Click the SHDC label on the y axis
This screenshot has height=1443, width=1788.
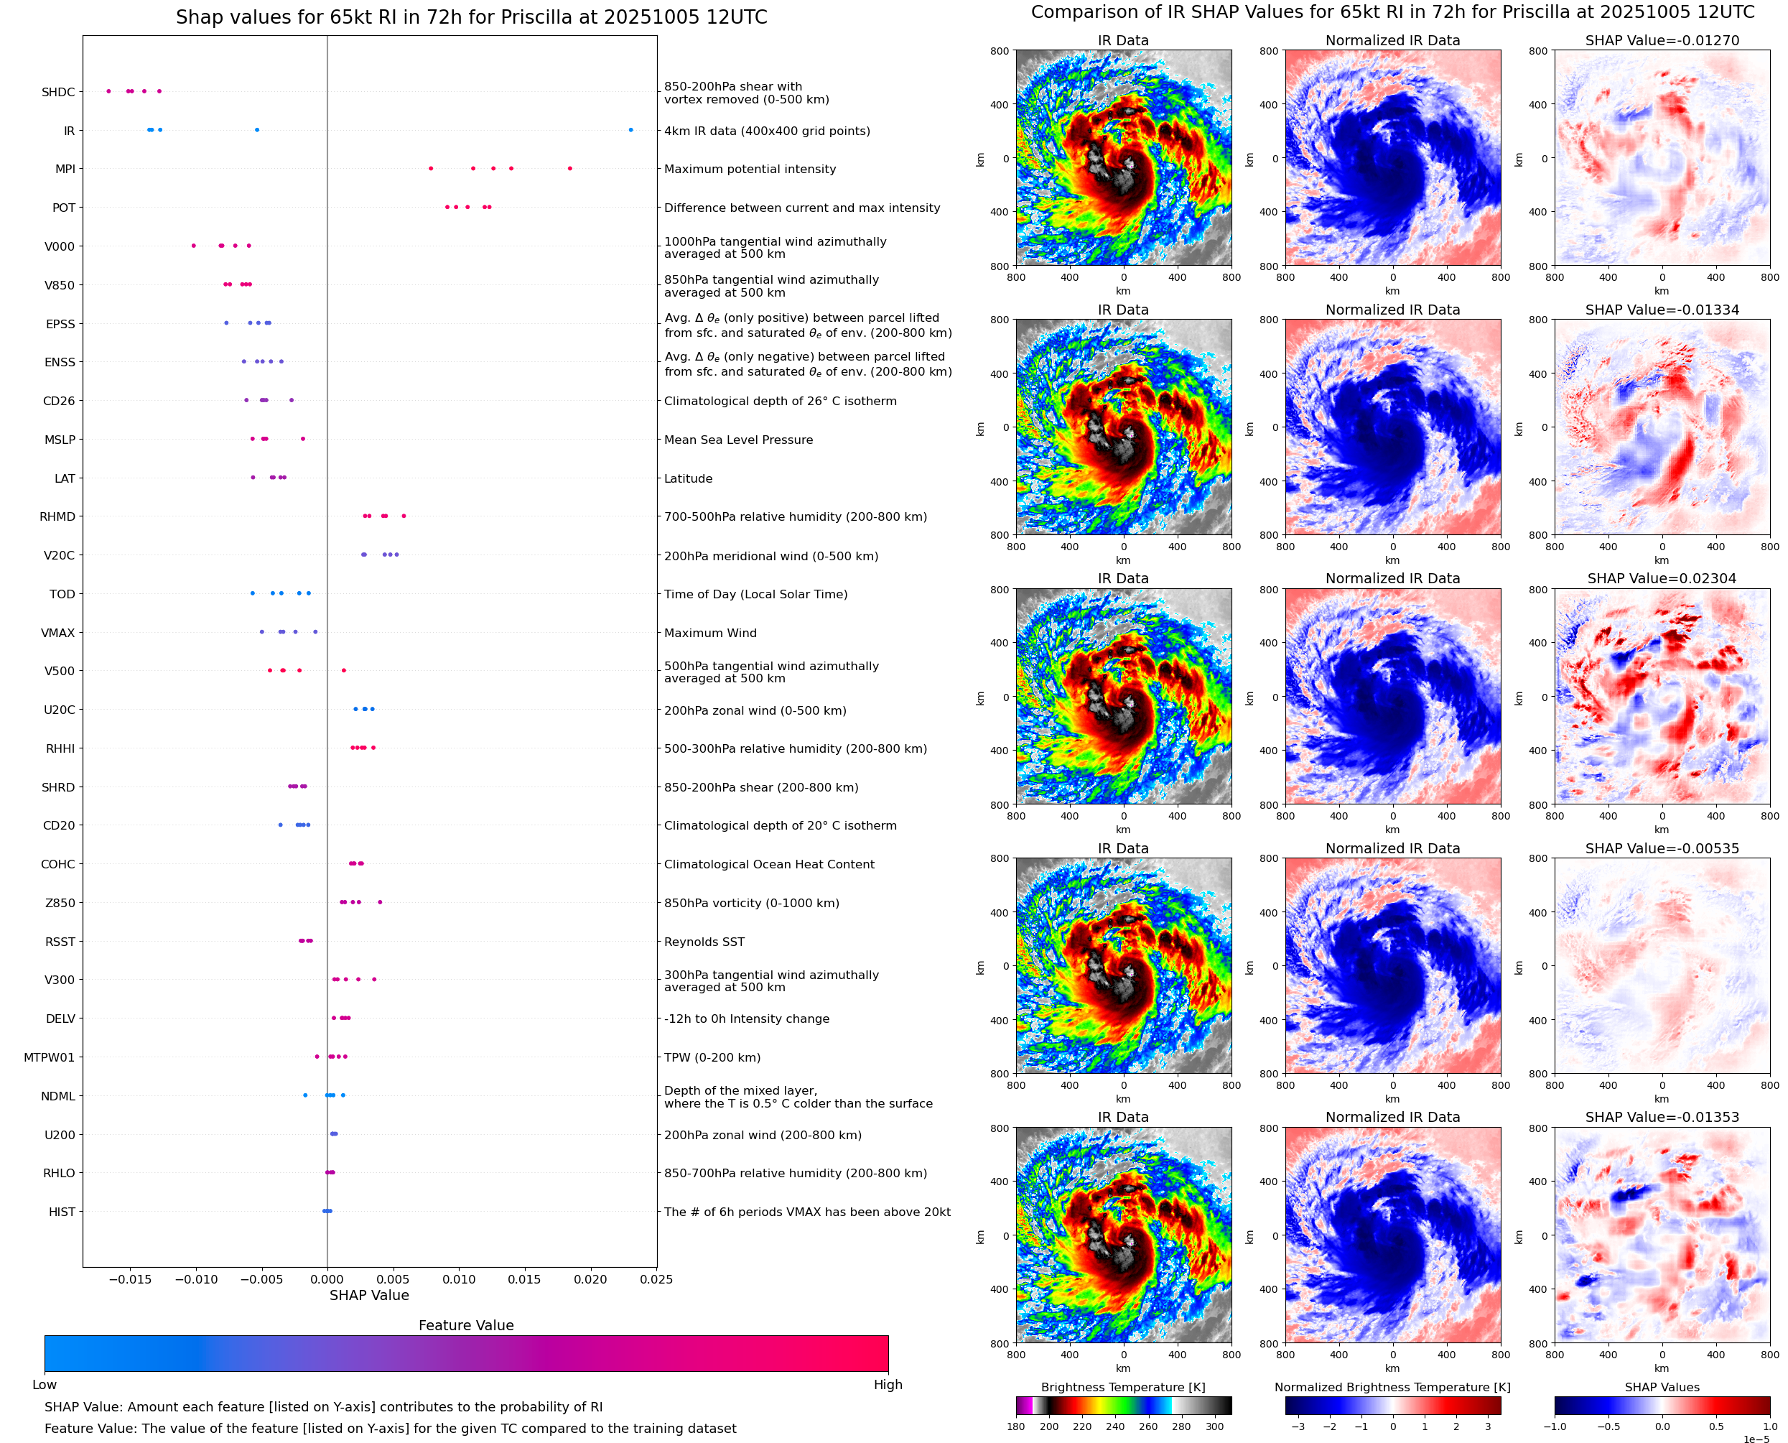coord(58,92)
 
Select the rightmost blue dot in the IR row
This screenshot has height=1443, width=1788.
coord(630,130)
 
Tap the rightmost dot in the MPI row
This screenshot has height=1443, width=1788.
coord(570,169)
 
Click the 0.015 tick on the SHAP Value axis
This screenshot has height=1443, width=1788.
coord(524,1279)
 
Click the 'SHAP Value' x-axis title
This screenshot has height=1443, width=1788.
coord(369,1295)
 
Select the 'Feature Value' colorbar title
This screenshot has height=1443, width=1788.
coord(466,1325)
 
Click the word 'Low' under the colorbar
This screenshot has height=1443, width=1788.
coord(44,1385)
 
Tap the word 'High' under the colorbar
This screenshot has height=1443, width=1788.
coord(888,1385)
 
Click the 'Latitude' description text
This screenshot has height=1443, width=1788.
coord(688,479)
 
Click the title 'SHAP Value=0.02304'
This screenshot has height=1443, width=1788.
coord(1662,578)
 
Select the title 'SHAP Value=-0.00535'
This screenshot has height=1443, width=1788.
coord(1662,849)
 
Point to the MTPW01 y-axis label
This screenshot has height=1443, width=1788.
coord(49,1057)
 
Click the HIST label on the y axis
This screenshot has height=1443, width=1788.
coord(62,1212)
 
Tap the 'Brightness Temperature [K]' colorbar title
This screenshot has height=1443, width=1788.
coord(1122,1387)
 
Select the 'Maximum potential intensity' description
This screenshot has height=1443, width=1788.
coord(750,169)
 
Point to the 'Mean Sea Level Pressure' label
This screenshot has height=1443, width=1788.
coord(737,440)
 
